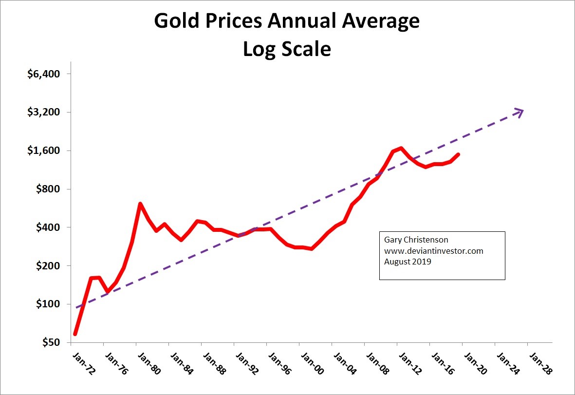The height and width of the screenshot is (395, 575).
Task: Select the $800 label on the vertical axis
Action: coord(48,189)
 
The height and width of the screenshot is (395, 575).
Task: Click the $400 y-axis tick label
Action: coord(48,227)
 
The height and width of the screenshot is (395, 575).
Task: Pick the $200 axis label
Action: coord(48,266)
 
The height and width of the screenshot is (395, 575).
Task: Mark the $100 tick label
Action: coord(48,304)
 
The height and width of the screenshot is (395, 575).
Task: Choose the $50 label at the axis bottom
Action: coord(50,342)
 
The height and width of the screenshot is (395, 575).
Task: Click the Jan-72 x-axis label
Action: coord(83,363)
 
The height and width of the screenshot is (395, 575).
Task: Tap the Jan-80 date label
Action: coord(148,363)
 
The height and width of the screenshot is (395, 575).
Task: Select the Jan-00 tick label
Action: coord(312,363)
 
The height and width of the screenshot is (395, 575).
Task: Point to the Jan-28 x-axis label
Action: coord(540,363)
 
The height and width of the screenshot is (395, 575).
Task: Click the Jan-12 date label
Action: coord(409,363)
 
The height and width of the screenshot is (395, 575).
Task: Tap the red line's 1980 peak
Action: coord(140,204)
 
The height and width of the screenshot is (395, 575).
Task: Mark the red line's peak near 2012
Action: coord(401,148)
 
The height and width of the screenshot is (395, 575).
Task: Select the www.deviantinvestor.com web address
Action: coord(433,251)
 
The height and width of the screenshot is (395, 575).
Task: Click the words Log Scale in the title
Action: coord(287,49)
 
